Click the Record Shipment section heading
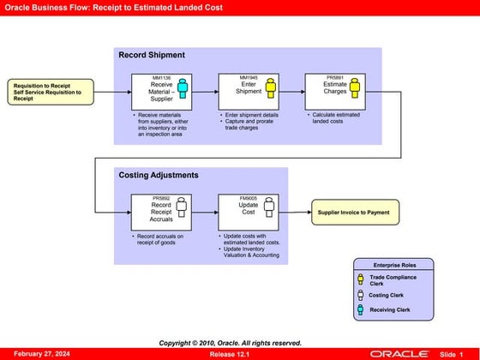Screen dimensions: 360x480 tap(152, 56)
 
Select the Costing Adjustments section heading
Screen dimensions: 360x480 tap(159, 175)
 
